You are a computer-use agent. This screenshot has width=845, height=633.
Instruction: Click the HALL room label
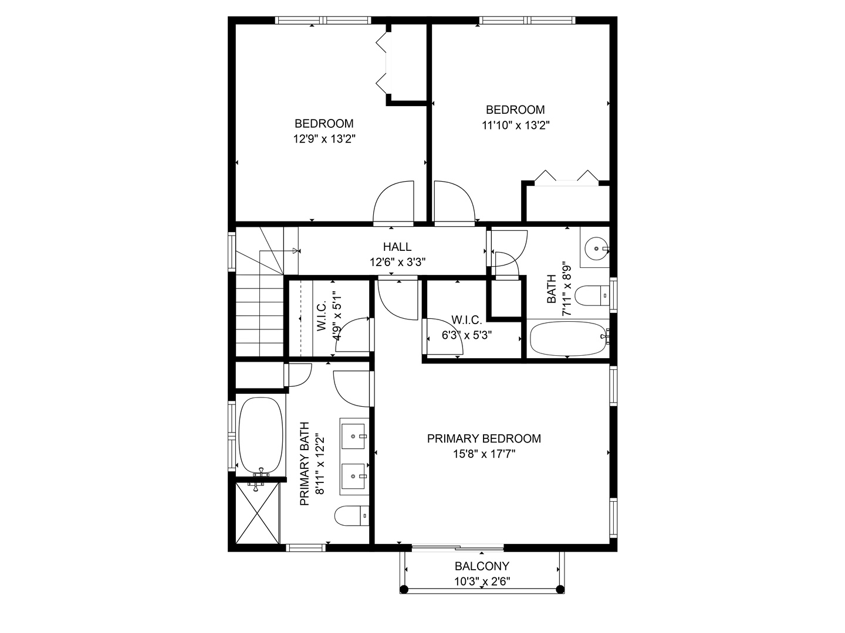[397, 246]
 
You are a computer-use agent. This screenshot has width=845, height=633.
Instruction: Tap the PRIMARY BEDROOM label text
[484, 438]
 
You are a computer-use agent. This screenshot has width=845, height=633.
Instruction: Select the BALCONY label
[482, 566]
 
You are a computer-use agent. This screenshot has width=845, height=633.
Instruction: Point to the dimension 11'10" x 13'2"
[515, 125]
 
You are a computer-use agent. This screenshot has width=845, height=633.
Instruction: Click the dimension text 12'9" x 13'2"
[324, 139]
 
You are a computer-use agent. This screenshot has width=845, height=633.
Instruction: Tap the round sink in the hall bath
[596, 249]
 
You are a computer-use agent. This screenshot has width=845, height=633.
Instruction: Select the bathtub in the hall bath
[568, 339]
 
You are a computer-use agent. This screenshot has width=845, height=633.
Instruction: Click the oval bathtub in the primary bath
[261, 435]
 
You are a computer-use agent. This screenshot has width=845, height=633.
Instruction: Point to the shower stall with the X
[258, 513]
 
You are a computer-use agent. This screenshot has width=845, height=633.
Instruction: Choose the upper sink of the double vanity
[353, 436]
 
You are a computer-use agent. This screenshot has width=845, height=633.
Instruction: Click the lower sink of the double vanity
[353, 476]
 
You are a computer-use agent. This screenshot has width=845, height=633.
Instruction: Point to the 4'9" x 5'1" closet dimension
[337, 316]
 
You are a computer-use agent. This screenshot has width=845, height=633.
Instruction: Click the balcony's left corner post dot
[404, 589]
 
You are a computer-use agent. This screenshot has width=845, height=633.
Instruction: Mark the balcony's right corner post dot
[560, 589]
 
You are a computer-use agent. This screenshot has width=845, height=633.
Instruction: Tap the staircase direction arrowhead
[296, 251]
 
